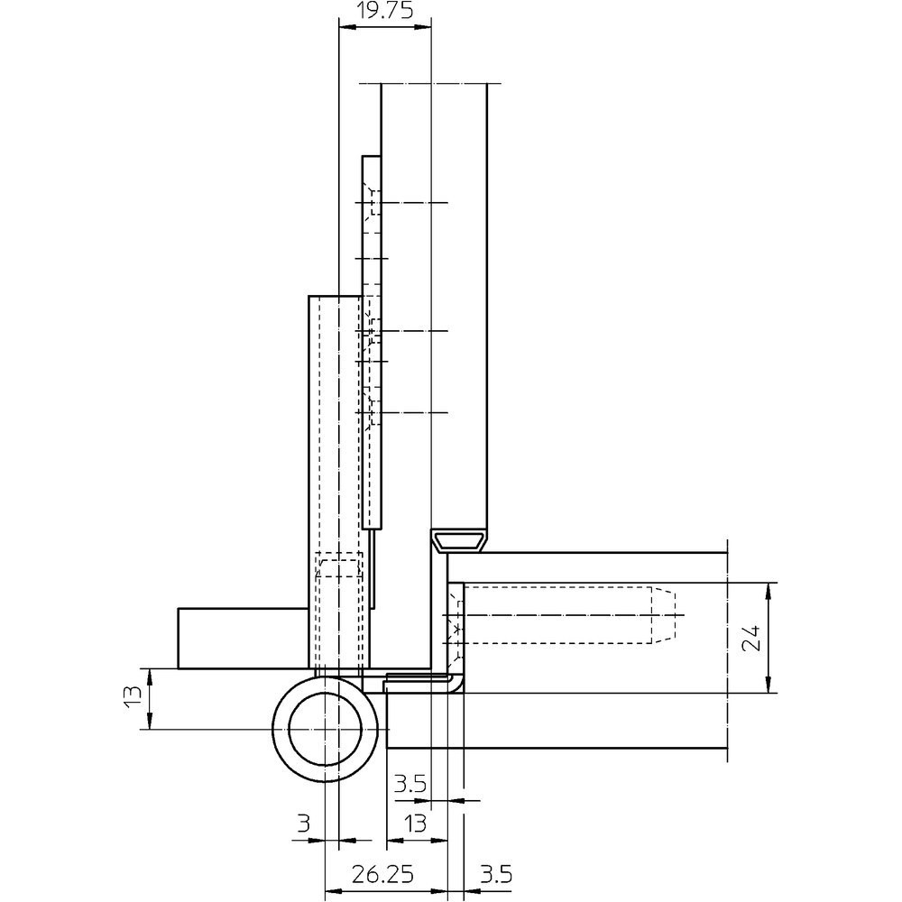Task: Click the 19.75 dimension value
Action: click(x=383, y=11)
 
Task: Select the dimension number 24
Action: click(x=750, y=638)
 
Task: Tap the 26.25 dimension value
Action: click(x=383, y=875)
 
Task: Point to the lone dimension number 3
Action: click(x=303, y=824)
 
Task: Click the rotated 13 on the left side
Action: click(x=133, y=695)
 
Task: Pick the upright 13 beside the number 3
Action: click(x=414, y=824)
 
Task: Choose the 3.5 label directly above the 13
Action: click(x=410, y=783)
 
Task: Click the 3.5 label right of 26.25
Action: click(x=496, y=875)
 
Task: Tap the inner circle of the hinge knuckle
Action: click(x=326, y=693)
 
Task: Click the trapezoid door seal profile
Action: click(x=458, y=540)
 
